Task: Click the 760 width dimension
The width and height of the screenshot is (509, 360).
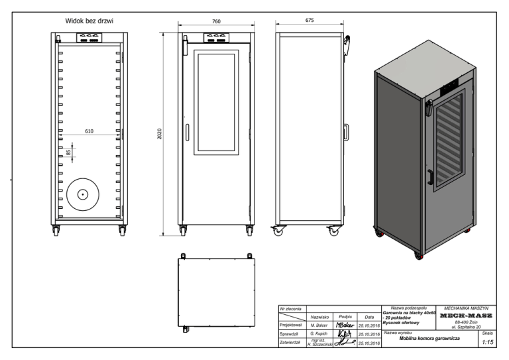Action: tap(216, 22)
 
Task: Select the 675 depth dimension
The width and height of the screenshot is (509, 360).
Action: tap(309, 21)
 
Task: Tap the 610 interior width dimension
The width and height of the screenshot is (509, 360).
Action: tap(89, 131)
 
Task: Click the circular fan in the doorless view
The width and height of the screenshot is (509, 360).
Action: tap(82, 194)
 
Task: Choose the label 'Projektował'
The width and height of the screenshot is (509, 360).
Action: tap(291, 326)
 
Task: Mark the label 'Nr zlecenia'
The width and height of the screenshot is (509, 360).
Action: tap(292, 308)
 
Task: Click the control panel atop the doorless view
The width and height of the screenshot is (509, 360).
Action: tap(89, 38)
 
